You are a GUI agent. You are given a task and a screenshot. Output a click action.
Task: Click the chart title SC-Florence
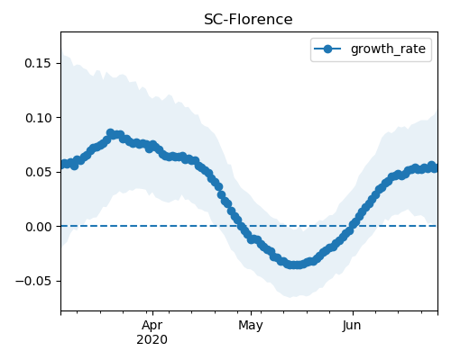pyautogui.click(x=248, y=20)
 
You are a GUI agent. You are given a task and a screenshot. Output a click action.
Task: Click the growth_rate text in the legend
pyautogui.click(x=388, y=49)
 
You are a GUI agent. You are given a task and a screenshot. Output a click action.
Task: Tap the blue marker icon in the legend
pyautogui.click(x=327, y=49)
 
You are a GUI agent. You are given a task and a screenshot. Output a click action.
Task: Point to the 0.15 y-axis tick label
pyautogui.click(x=38, y=63)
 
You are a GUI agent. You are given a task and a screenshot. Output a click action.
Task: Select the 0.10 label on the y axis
pyautogui.click(x=38, y=118)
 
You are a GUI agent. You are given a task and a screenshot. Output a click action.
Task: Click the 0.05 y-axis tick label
pyautogui.click(x=38, y=172)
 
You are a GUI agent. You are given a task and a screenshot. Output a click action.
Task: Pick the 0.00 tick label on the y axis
pyautogui.click(x=38, y=227)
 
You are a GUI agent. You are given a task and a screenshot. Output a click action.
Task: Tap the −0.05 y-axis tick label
pyautogui.click(x=33, y=281)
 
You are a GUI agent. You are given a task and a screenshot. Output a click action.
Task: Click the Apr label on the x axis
pyautogui.click(x=152, y=325)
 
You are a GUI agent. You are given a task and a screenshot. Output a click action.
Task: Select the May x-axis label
pyautogui.click(x=251, y=325)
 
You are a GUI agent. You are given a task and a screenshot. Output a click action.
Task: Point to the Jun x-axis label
pyautogui.click(x=352, y=325)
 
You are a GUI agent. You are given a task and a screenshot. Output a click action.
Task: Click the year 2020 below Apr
pyautogui.click(x=152, y=339)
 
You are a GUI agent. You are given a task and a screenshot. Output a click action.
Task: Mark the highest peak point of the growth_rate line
pyautogui.click(x=110, y=132)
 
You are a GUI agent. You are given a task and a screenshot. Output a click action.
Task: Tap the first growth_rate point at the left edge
pyautogui.click(x=63, y=165)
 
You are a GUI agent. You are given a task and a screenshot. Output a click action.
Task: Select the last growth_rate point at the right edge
pyautogui.click(x=435, y=168)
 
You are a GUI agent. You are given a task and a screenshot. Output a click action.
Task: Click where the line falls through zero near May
pyautogui.click(x=241, y=226)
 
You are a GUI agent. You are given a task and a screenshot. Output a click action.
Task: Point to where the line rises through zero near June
pyautogui.click(x=353, y=226)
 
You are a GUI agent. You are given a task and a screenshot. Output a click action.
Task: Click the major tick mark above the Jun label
pyautogui.click(x=353, y=313)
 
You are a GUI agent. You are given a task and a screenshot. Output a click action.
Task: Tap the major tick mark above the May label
pyautogui.click(x=251, y=313)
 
